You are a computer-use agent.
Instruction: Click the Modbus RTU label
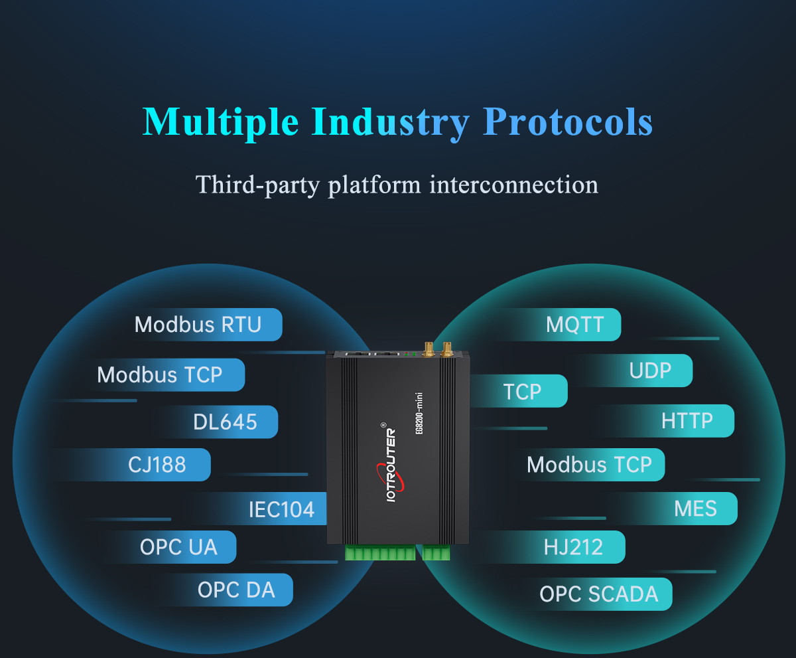[198, 325]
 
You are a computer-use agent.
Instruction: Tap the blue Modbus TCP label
[160, 374]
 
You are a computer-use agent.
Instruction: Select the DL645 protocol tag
[226, 422]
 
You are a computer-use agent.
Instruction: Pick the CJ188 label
[157, 465]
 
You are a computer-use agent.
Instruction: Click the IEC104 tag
[282, 509]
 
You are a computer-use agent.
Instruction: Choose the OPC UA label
[179, 547]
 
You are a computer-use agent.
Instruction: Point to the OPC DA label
[236, 590]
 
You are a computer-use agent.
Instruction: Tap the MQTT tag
[575, 325]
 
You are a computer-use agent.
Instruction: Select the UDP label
[650, 370]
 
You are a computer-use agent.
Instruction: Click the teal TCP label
[522, 391]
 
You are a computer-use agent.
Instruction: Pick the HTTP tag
[687, 420]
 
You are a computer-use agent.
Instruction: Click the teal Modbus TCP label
[590, 465]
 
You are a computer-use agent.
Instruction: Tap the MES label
[696, 509]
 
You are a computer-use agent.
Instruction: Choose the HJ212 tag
[573, 547]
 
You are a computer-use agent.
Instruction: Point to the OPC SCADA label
[599, 594]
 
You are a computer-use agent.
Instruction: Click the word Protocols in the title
[568, 122]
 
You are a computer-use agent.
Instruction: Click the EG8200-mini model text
[419, 414]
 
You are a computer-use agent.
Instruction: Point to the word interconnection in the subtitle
[514, 185]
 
